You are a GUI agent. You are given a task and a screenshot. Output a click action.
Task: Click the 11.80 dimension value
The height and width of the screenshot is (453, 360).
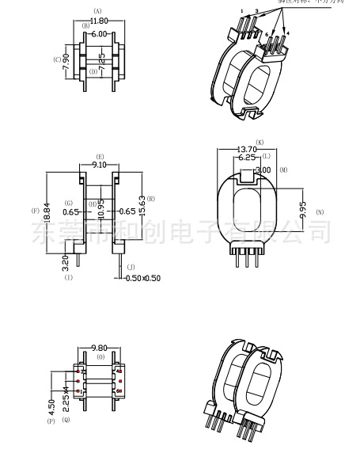(x=99, y=21)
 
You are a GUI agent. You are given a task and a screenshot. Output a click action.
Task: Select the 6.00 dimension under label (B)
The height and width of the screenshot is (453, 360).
(x=98, y=34)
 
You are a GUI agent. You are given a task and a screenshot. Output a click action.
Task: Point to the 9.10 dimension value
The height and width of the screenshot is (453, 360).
(x=100, y=166)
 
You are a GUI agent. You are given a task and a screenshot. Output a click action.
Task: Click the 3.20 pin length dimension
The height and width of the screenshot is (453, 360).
(x=65, y=262)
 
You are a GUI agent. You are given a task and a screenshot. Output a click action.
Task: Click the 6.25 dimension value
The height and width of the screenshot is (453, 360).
(x=246, y=158)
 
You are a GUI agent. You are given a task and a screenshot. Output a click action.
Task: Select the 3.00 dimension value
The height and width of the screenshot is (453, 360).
(x=263, y=169)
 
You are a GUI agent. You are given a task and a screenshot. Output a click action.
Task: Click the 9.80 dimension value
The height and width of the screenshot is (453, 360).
(x=99, y=347)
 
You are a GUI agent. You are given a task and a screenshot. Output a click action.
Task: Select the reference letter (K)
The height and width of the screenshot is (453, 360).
(x=260, y=142)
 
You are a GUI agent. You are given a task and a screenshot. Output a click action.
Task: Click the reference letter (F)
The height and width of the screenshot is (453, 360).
(x=35, y=211)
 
